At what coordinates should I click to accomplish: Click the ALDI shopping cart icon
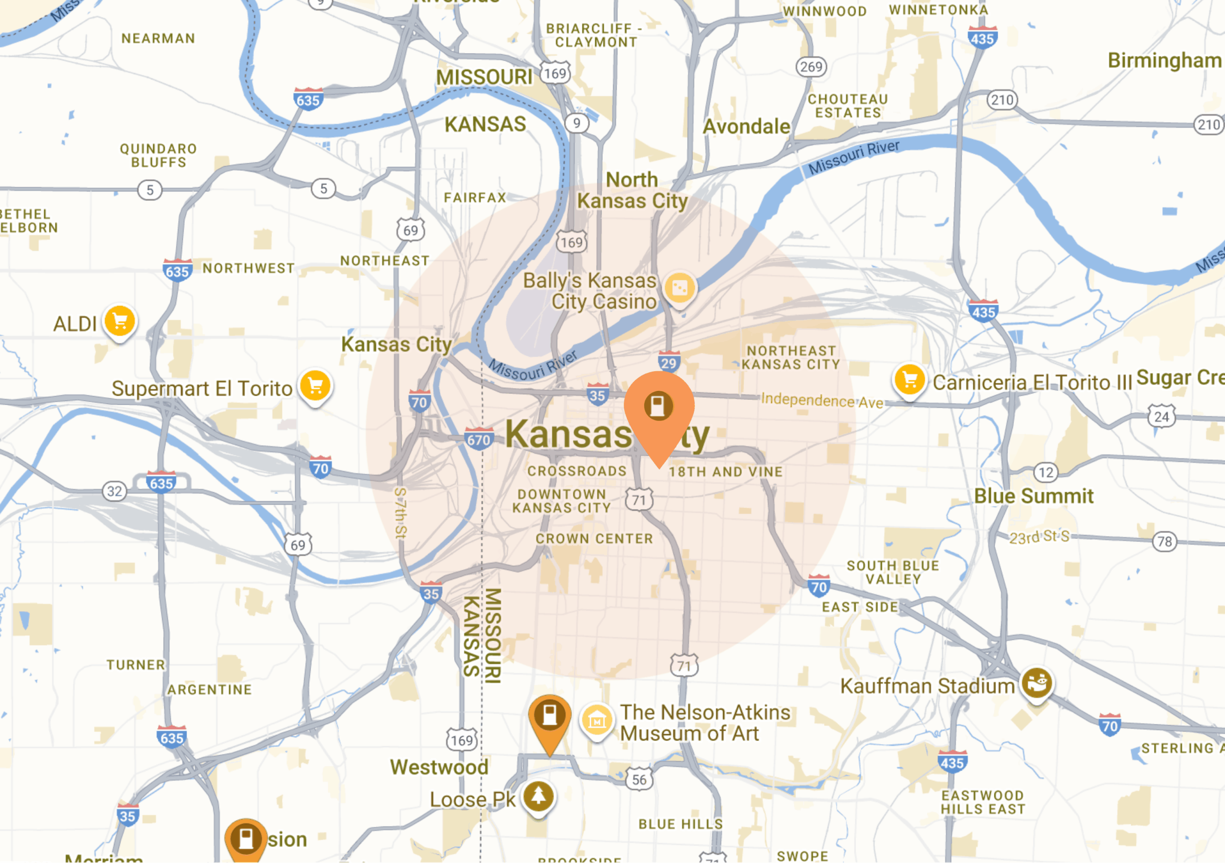point(120,321)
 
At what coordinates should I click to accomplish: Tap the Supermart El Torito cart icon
point(315,386)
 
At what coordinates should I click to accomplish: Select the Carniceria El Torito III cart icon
point(910,380)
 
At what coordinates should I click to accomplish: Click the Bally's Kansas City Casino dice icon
point(679,288)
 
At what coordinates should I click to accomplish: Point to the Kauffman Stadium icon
point(1036,683)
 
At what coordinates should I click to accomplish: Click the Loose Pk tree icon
point(538,797)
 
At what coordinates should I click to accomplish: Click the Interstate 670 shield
point(479,440)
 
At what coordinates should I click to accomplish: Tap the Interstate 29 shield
point(668,363)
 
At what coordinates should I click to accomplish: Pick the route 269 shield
point(811,66)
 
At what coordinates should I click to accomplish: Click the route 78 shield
point(1164,542)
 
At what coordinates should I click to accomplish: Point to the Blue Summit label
point(1034,496)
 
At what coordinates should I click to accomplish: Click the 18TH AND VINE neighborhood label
point(725,472)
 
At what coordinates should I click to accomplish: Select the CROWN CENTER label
point(594,539)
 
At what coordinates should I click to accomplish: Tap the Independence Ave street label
point(822,400)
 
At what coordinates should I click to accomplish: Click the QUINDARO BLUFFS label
point(158,155)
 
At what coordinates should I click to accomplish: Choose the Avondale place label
point(746,126)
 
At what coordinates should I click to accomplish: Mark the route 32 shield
point(114,491)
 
